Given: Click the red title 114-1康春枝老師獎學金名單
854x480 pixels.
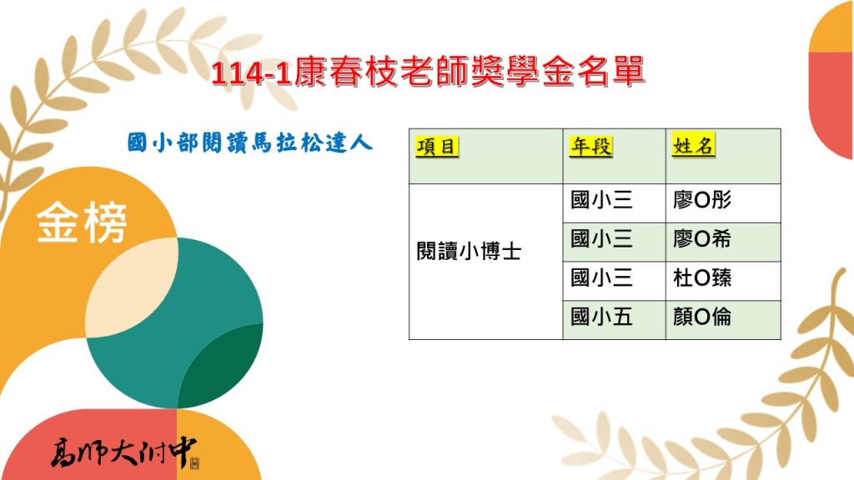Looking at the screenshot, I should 427,72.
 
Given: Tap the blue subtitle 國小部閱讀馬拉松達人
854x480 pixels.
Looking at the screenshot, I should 249,142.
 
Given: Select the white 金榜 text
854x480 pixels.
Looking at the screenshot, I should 82,224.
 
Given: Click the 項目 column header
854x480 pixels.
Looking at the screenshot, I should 437,147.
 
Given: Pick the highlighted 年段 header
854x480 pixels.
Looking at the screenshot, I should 591,147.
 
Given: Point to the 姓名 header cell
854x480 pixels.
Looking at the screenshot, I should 693,146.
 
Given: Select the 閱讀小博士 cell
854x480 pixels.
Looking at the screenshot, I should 468,252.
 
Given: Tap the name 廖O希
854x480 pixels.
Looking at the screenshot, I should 702,240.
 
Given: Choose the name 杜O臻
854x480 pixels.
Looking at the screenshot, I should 702,278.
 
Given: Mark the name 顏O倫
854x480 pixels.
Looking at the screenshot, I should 702,317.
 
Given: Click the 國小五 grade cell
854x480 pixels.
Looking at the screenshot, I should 601,317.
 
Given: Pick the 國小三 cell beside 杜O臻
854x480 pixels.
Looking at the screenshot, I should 601,278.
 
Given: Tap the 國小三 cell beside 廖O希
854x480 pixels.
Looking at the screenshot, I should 601,240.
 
